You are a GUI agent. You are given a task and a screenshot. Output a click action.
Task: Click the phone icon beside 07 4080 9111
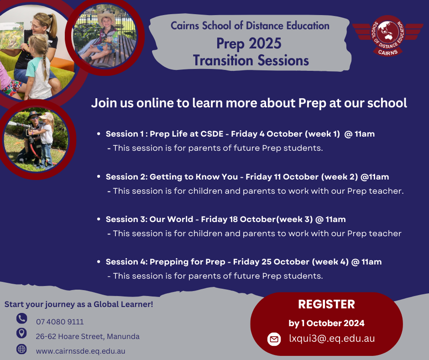point(21,318)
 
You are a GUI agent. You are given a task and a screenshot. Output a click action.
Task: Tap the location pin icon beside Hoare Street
point(21,333)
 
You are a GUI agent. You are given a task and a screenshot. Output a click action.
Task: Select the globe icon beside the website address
point(21,349)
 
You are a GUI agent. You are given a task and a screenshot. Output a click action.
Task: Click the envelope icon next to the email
point(274,339)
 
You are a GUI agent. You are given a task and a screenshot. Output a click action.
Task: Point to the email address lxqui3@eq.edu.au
point(332,339)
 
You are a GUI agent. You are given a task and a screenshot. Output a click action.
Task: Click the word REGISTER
point(326,304)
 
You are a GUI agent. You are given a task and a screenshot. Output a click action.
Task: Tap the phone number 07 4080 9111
point(60,322)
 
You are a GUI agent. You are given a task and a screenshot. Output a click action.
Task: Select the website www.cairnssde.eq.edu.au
point(80,351)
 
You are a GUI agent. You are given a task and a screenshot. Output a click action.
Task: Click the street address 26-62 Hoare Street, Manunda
point(88,336)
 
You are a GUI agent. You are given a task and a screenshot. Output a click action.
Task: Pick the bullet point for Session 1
point(99,134)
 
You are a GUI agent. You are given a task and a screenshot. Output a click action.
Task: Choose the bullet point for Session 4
point(99,262)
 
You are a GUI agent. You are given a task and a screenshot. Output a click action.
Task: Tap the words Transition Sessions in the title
point(251,60)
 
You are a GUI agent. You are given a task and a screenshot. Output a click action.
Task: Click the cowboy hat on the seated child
point(106,18)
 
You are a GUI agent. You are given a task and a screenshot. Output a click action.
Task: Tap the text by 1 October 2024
point(326,323)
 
